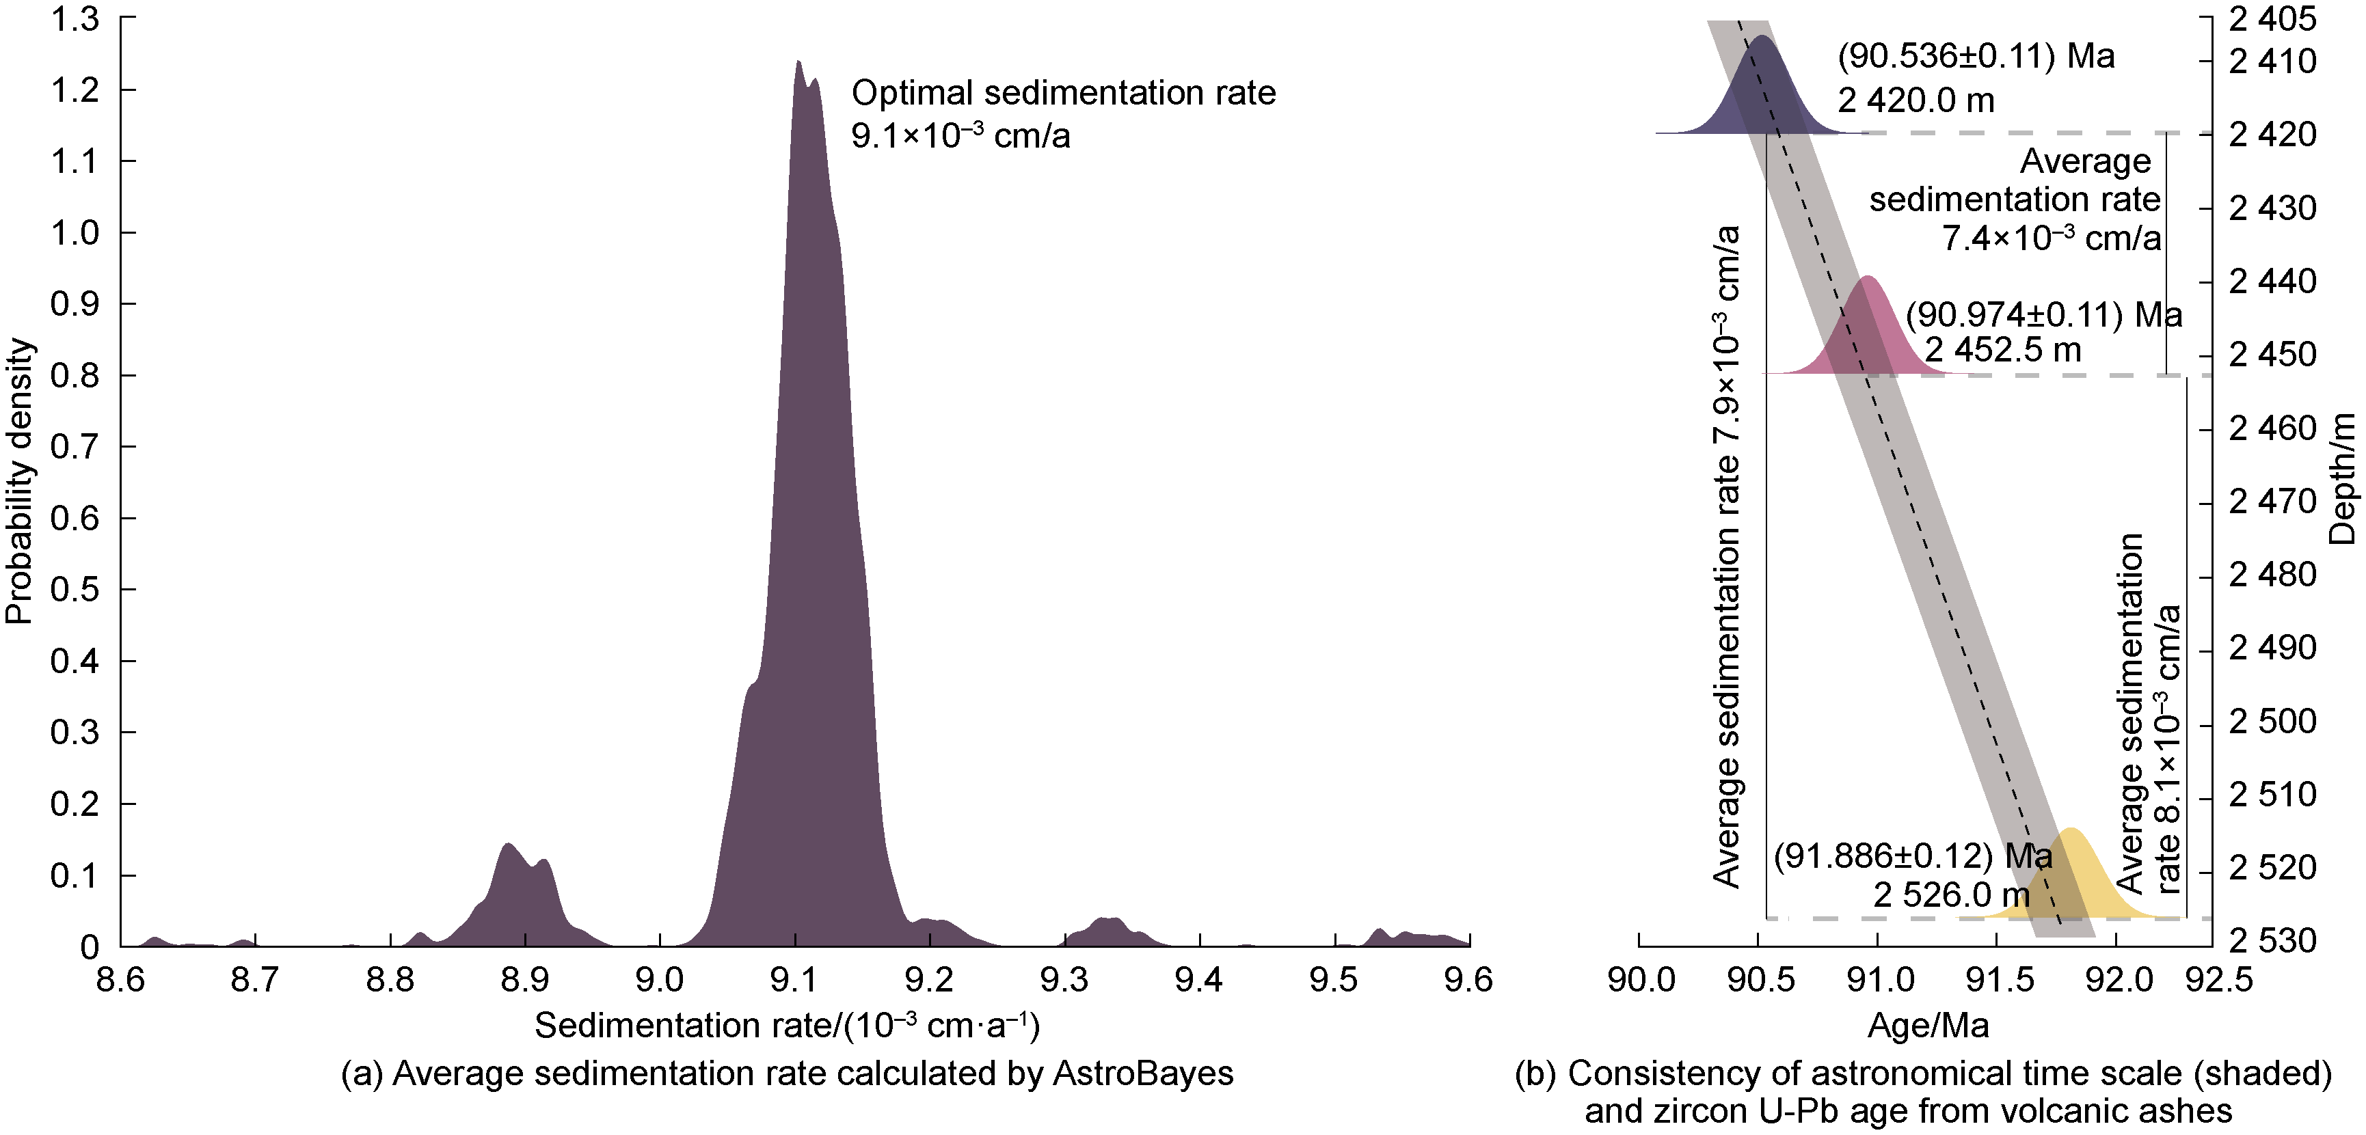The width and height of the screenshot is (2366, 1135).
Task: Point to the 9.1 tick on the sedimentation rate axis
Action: [796, 980]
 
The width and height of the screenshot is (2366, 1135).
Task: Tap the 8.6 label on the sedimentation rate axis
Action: [120, 980]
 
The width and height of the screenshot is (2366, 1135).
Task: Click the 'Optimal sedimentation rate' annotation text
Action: [1062, 93]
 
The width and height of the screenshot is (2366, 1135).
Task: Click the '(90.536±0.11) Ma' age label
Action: [1976, 57]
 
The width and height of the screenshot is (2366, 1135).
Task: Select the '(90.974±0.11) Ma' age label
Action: [2043, 315]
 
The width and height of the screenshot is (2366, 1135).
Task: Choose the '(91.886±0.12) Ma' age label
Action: [1911, 856]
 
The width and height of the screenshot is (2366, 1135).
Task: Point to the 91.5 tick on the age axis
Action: [1997, 980]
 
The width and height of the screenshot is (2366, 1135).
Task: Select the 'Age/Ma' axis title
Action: [1928, 1026]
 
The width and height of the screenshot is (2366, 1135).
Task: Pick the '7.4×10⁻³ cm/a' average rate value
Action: [2050, 238]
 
